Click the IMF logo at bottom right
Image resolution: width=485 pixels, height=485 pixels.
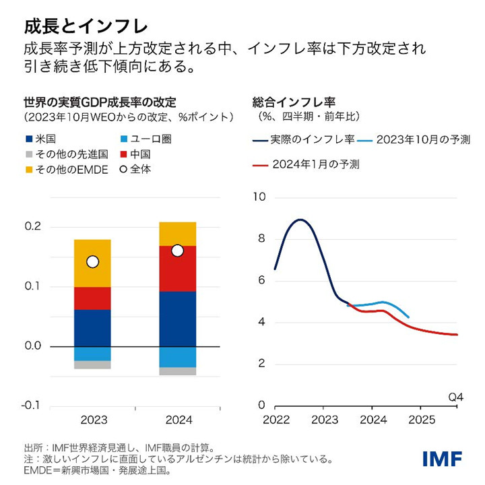click(x=442, y=459)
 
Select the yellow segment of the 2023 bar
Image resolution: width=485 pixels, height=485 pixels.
click(x=92, y=263)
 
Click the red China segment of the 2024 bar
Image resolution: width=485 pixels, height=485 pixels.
click(x=177, y=269)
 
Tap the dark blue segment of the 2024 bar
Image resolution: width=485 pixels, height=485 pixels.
click(x=177, y=319)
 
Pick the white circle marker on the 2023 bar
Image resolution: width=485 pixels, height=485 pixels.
click(x=93, y=261)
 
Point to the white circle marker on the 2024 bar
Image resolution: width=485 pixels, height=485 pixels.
click(x=177, y=251)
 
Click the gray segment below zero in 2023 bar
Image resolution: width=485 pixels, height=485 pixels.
click(x=92, y=364)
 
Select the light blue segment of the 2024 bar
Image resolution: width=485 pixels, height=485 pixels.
click(x=177, y=357)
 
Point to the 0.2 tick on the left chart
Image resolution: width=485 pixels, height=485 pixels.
click(x=32, y=226)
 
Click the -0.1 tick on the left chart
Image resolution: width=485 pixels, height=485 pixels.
click(x=32, y=406)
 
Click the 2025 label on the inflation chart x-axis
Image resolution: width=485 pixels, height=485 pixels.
click(x=420, y=420)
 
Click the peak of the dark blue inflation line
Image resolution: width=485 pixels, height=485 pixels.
click(x=300, y=220)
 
